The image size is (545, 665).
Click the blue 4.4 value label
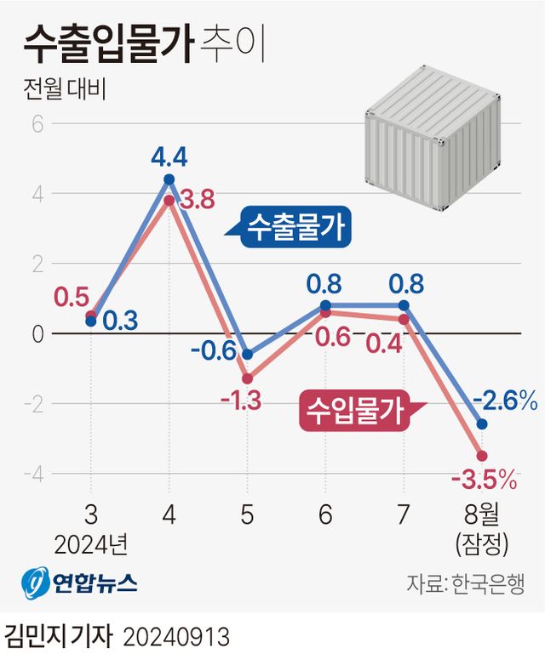point(169,157)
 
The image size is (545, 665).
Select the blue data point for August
point(482,423)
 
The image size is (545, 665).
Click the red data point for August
point(482,456)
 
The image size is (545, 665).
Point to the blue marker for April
point(169,179)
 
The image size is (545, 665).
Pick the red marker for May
point(247,378)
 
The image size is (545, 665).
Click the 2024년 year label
point(91,542)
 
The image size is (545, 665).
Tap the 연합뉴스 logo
point(79,583)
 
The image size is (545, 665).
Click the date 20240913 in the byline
point(177,638)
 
